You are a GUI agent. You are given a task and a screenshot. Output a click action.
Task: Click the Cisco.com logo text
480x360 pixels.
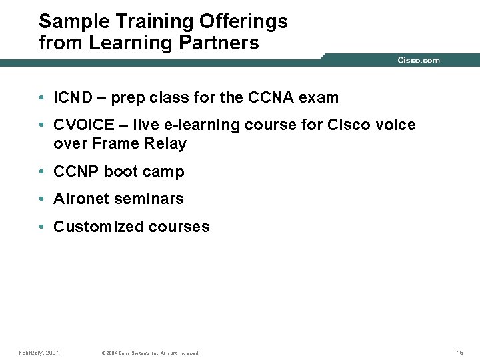419,61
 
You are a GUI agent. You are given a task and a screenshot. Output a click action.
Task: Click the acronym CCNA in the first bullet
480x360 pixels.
271,98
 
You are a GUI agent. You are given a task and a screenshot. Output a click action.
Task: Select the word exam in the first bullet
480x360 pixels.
319,98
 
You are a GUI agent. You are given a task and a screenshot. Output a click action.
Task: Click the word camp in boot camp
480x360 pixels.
163,172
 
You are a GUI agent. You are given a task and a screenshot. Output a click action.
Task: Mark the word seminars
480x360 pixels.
149,199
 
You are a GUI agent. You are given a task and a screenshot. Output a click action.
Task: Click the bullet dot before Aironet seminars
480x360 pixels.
41,199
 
